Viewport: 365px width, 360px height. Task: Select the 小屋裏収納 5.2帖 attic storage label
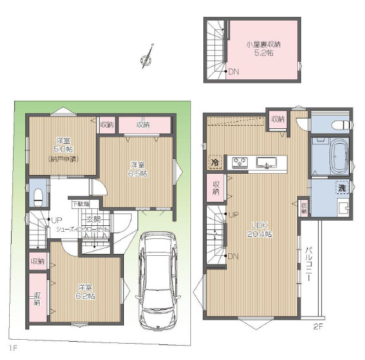click(263, 48)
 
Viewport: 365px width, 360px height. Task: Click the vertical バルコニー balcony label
click(310, 263)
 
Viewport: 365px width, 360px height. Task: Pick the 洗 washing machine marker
click(342, 188)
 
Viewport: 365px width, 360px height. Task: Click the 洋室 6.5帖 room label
click(136, 169)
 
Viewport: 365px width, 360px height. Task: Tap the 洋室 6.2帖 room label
click(85, 291)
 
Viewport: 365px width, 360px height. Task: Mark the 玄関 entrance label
click(93, 219)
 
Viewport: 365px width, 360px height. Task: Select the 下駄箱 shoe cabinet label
click(81, 204)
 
